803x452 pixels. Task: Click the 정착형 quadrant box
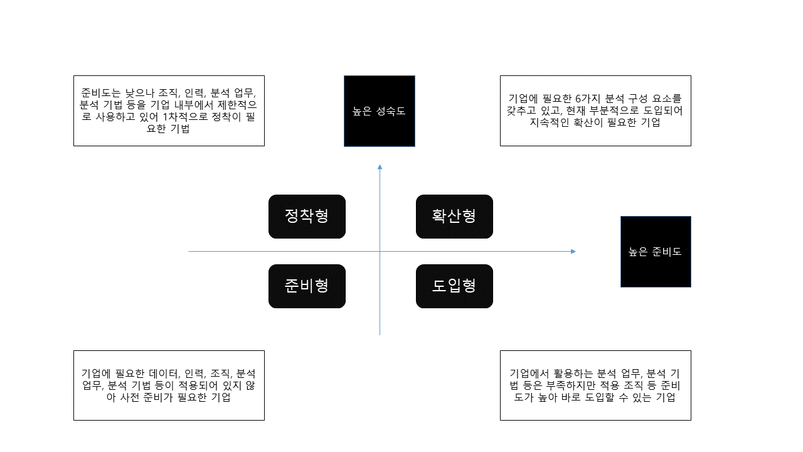coord(307,217)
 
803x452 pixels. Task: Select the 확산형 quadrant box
coord(454,217)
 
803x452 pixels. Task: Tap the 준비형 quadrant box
coord(307,286)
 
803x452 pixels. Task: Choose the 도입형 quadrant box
coord(454,286)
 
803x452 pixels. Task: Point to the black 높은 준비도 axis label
coord(656,252)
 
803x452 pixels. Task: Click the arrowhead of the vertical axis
coord(380,167)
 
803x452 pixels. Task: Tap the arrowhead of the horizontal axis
coord(572,252)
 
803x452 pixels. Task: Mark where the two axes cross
coord(380,252)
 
